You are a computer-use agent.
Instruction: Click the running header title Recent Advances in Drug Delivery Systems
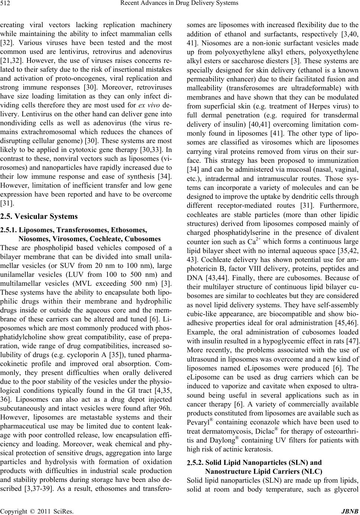[180, 4]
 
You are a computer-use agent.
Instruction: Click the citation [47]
[353, 341]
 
